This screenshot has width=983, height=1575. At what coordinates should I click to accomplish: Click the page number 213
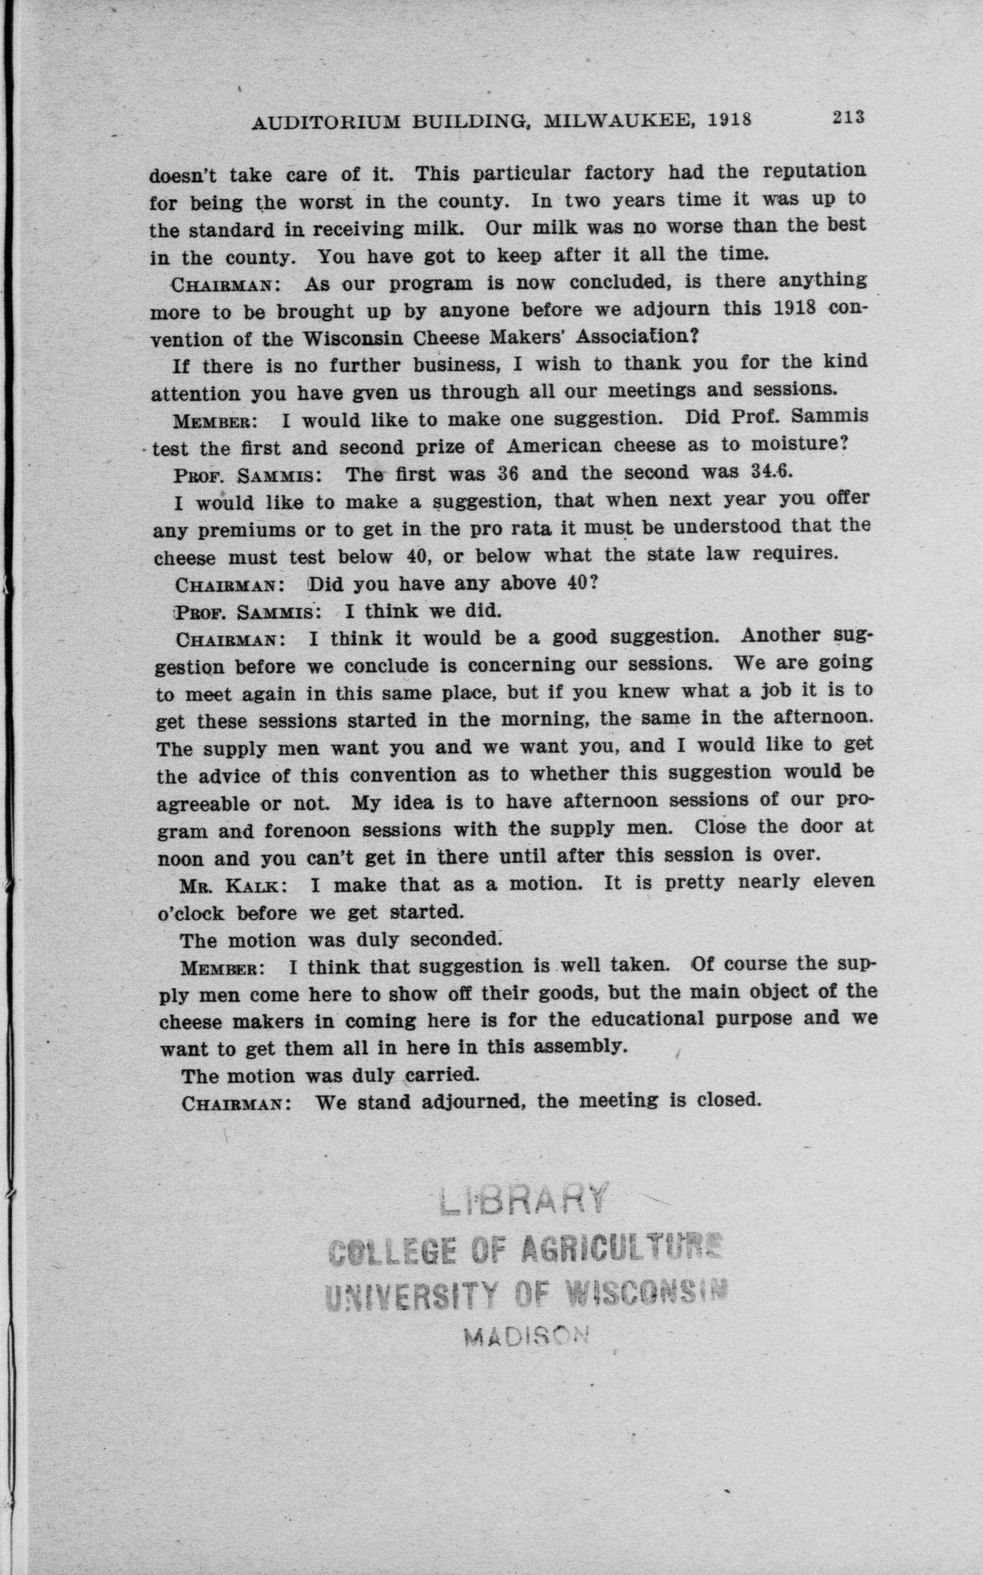pos(846,117)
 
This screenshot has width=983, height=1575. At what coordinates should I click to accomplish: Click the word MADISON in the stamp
pos(527,1333)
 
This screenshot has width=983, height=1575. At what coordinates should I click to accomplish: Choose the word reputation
pos(813,171)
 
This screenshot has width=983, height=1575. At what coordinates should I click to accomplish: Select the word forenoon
pos(308,831)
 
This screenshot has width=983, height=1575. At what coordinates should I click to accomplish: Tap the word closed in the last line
pos(728,1100)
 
